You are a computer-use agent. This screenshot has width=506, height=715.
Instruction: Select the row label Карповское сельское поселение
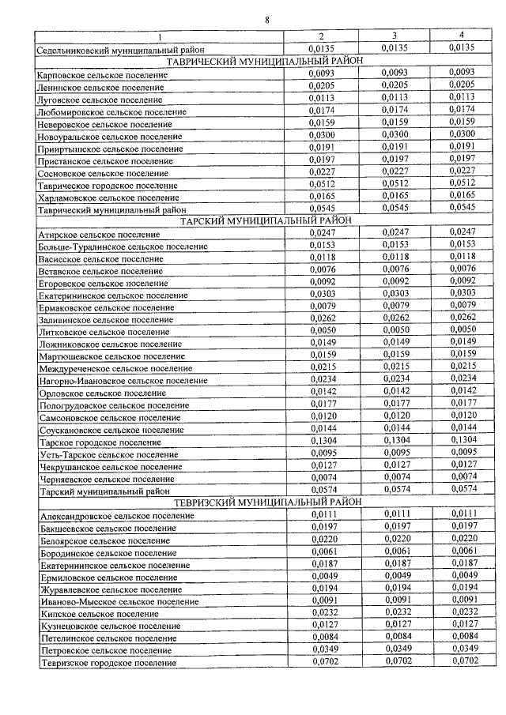(102, 74)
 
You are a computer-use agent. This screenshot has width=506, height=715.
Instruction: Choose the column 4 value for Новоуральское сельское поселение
(461, 135)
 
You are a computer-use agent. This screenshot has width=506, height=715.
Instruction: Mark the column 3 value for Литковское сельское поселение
(394, 330)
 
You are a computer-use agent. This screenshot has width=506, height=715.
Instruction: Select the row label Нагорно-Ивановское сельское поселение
(123, 381)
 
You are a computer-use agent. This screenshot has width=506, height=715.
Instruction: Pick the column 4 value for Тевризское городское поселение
(461, 660)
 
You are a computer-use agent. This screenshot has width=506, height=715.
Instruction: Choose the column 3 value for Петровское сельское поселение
(394, 649)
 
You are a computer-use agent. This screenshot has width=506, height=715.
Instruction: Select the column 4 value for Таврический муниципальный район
(461, 208)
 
